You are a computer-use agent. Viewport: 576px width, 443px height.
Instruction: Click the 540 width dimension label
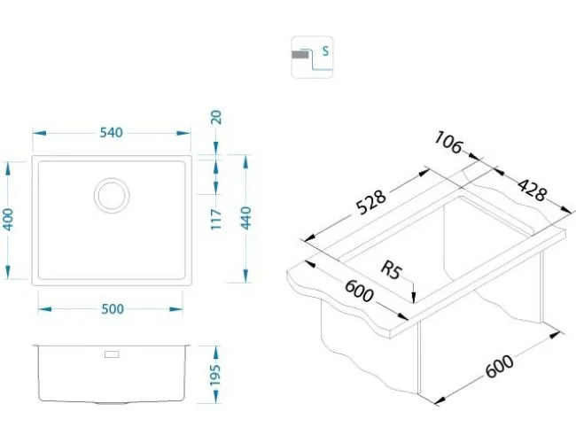pyautogui.click(x=111, y=133)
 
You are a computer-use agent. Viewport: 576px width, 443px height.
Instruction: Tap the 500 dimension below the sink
pyautogui.click(x=113, y=309)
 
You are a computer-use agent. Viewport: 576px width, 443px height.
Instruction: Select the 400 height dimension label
pyautogui.click(x=8, y=220)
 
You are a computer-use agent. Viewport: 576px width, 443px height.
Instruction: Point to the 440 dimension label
pyautogui.click(x=245, y=218)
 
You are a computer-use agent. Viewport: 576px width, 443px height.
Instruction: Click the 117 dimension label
pyautogui.click(x=216, y=220)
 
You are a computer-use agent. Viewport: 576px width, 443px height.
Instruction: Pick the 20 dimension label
pyautogui.click(x=216, y=117)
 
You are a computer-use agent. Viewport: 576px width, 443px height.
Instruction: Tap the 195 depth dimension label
pyautogui.click(x=215, y=375)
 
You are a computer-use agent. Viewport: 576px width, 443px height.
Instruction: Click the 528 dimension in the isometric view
pyautogui.click(x=371, y=202)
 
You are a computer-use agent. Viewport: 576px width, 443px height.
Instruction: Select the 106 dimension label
pyautogui.click(x=448, y=143)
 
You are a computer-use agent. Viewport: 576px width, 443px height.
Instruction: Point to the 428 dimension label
pyautogui.click(x=532, y=190)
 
